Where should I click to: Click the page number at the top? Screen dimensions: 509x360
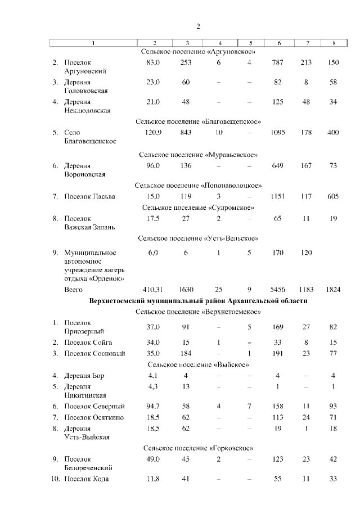(x=198, y=26)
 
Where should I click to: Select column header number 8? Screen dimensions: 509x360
(x=334, y=43)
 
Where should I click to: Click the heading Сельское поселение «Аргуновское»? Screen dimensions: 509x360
(x=198, y=52)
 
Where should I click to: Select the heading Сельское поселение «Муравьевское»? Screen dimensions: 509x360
(x=198, y=154)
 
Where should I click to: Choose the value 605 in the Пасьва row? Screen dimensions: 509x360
(x=332, y=196)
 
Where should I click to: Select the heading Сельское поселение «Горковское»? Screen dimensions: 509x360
(x=198, y=448)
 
